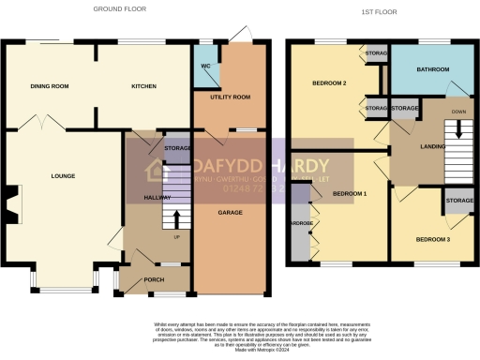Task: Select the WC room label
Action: [x=204, y=67]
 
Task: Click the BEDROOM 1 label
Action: [x=350, y=193]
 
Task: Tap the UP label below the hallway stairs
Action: [x=176, y=236]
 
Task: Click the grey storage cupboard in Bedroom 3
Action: [x=458, y=202]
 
